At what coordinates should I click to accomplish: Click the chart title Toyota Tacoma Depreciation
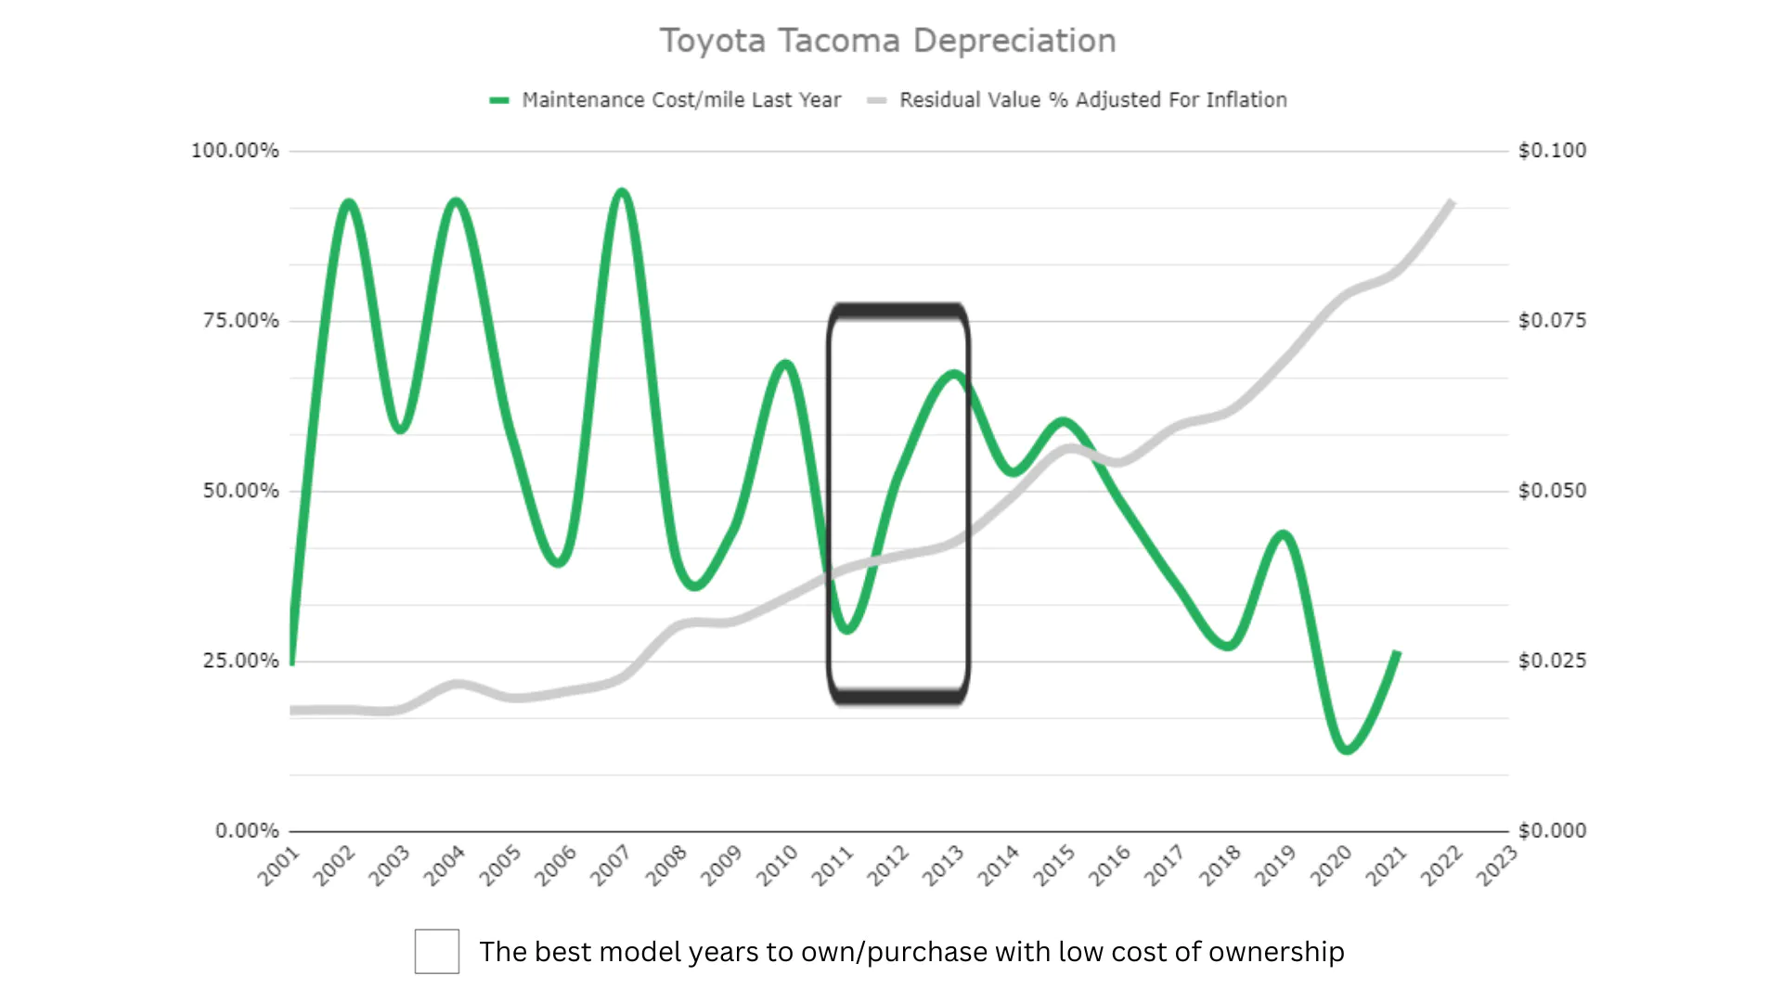click(x=887, y=41)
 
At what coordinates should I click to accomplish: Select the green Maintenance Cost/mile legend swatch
click(x=499, y=100)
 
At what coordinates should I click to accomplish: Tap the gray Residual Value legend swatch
click(x=876, y=100)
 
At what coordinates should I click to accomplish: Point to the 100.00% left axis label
click(x=235, y=150)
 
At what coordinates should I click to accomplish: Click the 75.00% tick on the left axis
click(x=240, y=321)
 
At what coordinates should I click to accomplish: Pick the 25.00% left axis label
click(x=240, y=661)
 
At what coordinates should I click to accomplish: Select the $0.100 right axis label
click(x=1552, y=150)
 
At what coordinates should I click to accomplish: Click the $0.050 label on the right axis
click(x=1552, y=491)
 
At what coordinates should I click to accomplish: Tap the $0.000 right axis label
click(x=1552, y=830)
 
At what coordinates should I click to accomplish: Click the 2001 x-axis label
click(x=279, y=866)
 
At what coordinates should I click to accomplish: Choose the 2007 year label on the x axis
click(x=612, y=866)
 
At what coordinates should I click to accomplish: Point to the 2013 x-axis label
click(x=944, y=866)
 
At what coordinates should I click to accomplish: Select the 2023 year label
click(x=1497, y=866)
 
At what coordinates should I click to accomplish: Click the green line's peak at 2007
click(x=622, y=193)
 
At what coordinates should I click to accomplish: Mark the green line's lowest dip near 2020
click(x=1347, y=749)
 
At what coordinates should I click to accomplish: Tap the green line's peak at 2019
click(x=1284, y=534)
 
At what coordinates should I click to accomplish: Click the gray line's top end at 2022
click(x=1451, y=202)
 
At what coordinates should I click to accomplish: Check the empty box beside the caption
click(x=437, y=951)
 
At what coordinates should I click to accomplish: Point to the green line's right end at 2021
click(x=1397, y=654)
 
